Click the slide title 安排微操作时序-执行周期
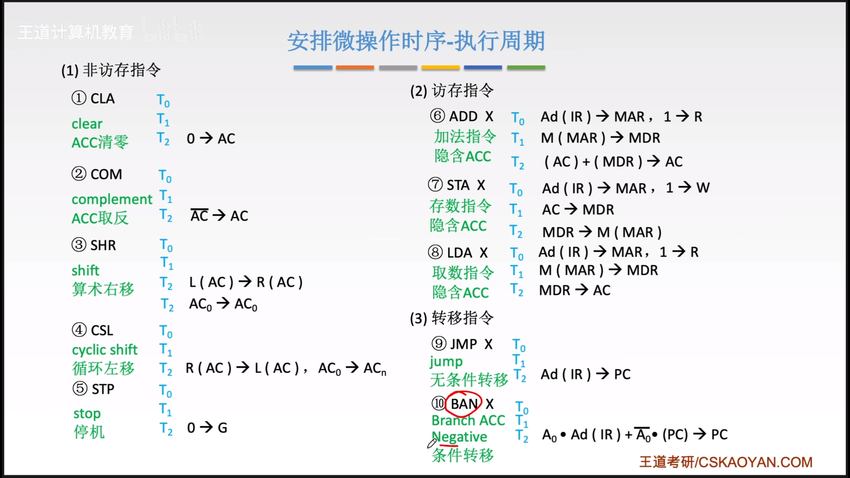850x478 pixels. [x=416, y=41]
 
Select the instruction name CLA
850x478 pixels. [x=103, y=99]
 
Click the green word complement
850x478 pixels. [x=112, y=199]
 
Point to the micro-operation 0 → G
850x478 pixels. [x=207, y=428]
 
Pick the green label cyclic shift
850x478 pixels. [x=105, y=350]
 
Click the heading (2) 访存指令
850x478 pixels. [x=452, y=91]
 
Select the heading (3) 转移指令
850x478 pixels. [x=452, y=318]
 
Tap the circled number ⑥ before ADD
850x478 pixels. [x=437, y=116]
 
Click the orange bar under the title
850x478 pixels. [x=355, y=67]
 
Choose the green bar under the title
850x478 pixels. [x=526, y=67]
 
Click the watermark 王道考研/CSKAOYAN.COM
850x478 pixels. [x=726, y=462]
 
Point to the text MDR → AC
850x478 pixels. [x=574, y=290]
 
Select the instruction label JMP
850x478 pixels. [x=464, y=344]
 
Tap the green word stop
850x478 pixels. [x=87, y=414]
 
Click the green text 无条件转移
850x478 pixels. [x=469, y=380]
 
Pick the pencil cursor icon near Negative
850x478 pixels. [x=432, y=443]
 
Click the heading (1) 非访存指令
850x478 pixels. [x=111, y=70]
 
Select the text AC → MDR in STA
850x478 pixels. [x=578, y=209]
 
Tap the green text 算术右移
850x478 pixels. [x=103, y=289]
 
